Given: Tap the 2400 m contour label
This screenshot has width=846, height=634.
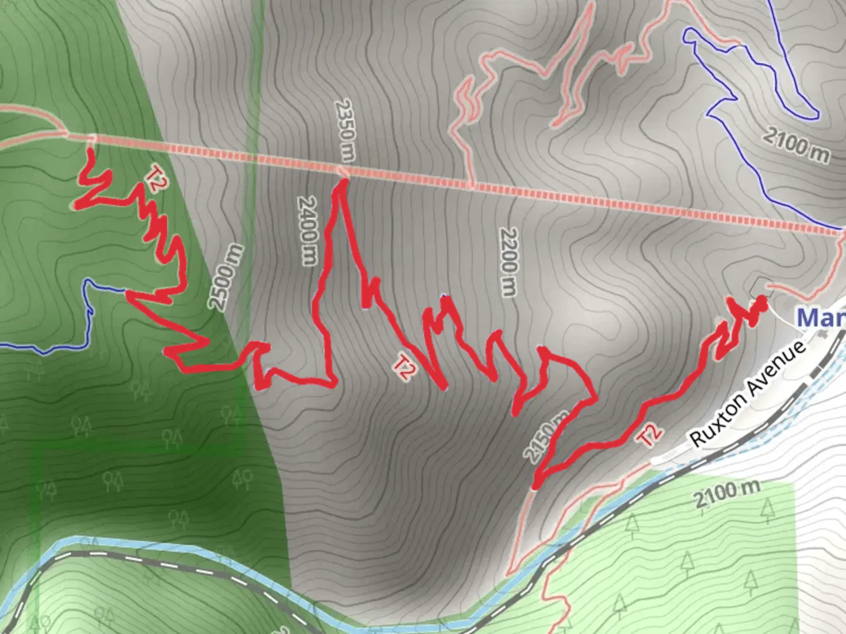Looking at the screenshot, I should [x=307, y=230].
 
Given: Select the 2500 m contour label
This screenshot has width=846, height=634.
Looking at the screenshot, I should [x=226, y=277].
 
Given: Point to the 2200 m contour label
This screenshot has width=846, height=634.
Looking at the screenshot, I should [x=509, y=261].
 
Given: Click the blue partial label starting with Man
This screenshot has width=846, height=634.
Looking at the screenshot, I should [x=821, y=318].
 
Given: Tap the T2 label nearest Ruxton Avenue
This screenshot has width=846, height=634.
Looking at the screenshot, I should [x=650, y=435].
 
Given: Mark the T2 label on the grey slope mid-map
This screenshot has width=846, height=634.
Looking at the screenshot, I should [x=404, y=367].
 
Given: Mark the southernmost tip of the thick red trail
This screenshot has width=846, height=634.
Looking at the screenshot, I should [x=535, y=486].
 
